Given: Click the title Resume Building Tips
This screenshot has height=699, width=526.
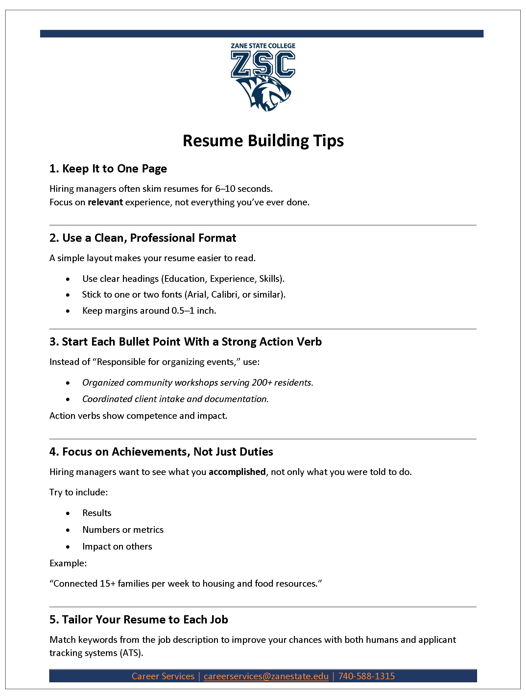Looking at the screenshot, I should (x=263, y=141).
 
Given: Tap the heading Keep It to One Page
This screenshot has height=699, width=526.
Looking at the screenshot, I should (x=108, y=169).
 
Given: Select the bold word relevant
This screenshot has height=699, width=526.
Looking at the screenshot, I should (x=105, y=202).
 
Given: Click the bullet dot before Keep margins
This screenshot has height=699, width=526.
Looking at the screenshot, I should (x=68, y=311).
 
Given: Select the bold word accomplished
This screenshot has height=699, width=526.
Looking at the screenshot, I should (x=237, y=472).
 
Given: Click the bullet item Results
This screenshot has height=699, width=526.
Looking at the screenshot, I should (x=97, y=513).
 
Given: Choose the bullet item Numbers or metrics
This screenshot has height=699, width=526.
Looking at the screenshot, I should (x=123, y=530).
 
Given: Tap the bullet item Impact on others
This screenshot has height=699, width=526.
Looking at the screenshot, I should (x=117, y=546).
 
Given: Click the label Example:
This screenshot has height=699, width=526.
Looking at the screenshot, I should (x=68, y=563).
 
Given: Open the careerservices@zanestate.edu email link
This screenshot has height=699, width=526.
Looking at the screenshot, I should (x=266, y=676).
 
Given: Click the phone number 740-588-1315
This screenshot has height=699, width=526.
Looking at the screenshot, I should (x=366, y=676).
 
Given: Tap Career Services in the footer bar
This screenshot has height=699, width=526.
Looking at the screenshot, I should (x=163, y=676).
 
